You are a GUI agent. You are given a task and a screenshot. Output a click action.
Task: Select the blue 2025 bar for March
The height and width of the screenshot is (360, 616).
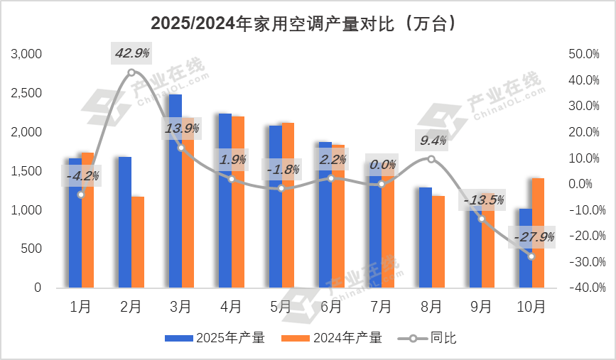pyautogui.click(x=175, y=192)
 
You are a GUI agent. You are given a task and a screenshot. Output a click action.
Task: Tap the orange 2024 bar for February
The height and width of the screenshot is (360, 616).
pyautogui.click(x=137, y=242)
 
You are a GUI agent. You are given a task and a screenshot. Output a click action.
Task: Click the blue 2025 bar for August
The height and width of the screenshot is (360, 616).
pyautogui.click(x=425, y=238)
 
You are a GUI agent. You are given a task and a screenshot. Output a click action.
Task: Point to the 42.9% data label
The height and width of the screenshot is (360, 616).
pyautogui.click(x=131, y=54)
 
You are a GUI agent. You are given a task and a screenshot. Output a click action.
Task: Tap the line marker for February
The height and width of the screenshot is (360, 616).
pyautogui.click(x=131, y=72)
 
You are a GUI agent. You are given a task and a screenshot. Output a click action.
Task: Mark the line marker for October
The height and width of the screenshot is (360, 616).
pyautogui.click(x=531, y=256)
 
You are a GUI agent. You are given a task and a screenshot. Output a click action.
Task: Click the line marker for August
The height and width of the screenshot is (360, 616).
pyautogui.click(x=431, y=159)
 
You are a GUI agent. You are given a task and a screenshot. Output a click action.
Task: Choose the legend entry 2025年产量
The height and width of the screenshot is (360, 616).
pyautogui.click(x=215, y=338)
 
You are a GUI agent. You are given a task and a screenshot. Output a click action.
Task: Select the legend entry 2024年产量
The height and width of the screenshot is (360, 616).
pyautogui.click(x=332, y=338)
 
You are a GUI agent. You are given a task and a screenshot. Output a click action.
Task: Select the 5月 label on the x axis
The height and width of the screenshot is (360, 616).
pyautogui.click(x=281, y=307)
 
